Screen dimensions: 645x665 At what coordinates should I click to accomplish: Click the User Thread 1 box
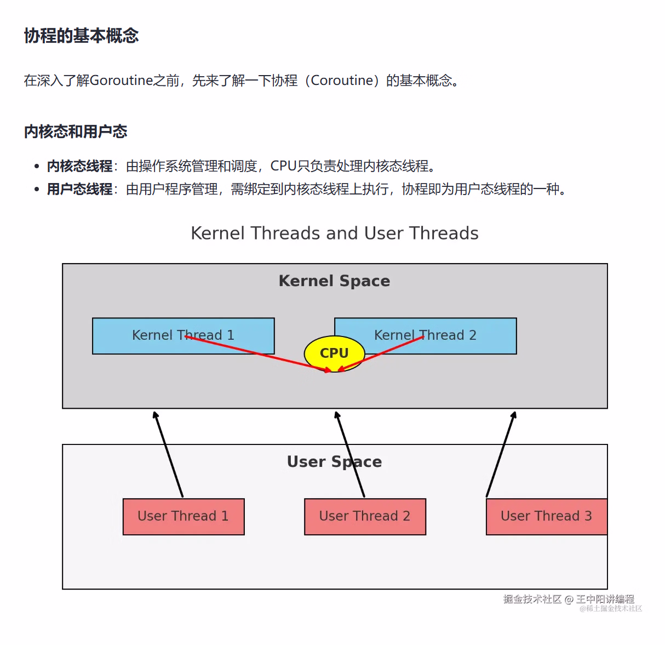point(183,516)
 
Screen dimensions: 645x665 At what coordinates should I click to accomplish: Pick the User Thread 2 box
point(365,516)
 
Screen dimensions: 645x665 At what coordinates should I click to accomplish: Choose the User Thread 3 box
point(546,516)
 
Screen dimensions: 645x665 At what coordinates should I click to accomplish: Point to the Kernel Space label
point(334,281)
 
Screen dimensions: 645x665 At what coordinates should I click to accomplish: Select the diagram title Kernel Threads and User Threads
point(334,233)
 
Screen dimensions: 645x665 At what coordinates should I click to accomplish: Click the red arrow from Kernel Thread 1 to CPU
point(257,353)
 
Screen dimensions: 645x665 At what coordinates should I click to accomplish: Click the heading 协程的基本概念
point(81,36)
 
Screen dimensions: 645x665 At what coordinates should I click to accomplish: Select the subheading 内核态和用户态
point(76,132)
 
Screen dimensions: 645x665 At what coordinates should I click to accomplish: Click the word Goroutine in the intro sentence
point(121,81)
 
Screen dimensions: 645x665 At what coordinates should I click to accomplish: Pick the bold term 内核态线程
point(79,166)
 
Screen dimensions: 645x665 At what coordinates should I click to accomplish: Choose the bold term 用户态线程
point(79,190)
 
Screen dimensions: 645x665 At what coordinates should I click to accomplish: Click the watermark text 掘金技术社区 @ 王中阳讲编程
point(569,599)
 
